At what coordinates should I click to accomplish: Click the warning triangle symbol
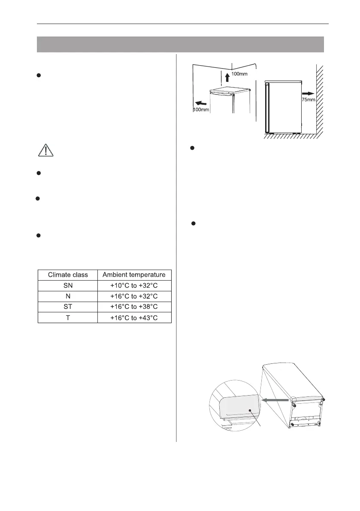45,150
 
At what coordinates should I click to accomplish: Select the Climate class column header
68,274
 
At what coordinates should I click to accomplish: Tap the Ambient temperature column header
134,274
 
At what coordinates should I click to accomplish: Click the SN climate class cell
68,285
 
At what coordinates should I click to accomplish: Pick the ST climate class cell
68,307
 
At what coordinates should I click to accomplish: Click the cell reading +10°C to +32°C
134,285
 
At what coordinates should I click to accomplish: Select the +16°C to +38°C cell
134,307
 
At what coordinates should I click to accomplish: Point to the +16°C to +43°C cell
134,317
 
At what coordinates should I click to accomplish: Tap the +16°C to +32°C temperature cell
134,296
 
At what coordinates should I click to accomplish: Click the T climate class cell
68,317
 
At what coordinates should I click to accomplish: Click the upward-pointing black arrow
227,78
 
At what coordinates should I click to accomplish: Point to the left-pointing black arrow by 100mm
201,103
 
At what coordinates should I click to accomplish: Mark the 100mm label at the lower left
200,110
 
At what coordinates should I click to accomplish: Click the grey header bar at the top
180,44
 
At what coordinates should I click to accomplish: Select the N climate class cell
68,296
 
